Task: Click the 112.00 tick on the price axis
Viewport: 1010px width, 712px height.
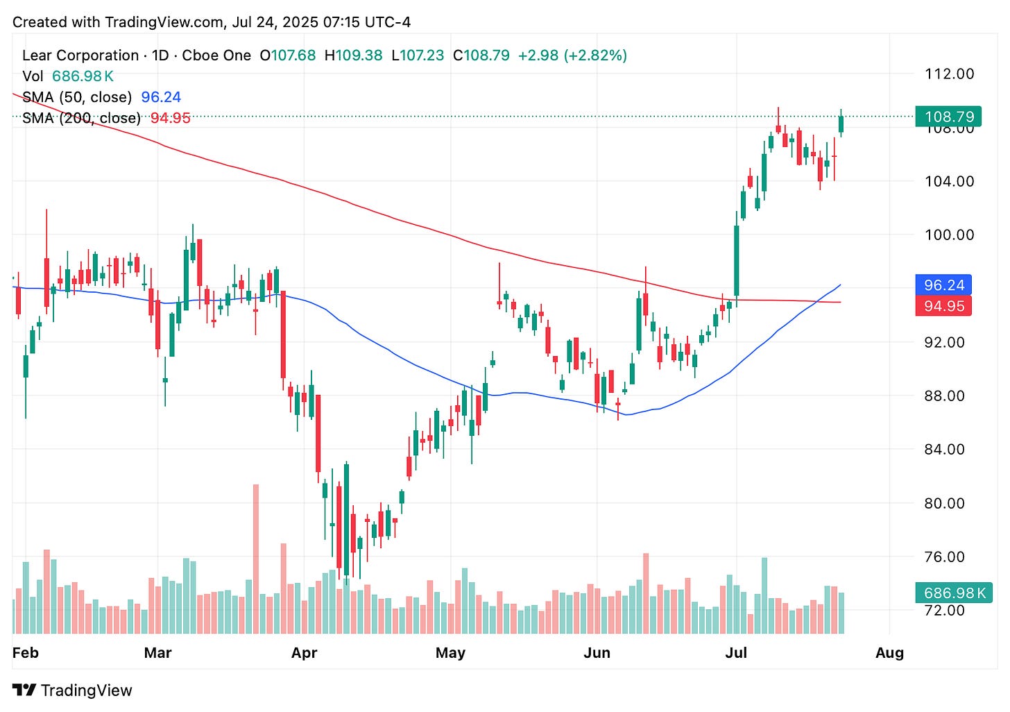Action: pos(949,74)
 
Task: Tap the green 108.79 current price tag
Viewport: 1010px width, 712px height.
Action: pos(949,117)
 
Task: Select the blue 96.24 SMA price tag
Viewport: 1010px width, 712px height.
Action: pos(943,285)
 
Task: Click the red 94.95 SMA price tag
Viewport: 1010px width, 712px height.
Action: pos(943,306)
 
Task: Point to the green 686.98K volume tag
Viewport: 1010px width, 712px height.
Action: pos(954,593)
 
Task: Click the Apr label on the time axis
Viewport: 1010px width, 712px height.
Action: pos(304,653)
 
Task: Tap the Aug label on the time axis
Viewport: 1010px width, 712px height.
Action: pos(889,653)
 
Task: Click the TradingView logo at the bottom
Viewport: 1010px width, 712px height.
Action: pos(72,690)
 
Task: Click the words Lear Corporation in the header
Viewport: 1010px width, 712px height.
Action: pos(80,56)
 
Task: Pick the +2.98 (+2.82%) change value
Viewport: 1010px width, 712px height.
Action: pos(572,56)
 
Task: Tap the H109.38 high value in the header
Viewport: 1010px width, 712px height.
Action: pos(353,56)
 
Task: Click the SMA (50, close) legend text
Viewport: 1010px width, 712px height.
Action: pos(77,97)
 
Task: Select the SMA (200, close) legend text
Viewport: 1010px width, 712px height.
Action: pos(81,118)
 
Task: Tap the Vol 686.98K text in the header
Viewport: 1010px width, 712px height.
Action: pos(68,76)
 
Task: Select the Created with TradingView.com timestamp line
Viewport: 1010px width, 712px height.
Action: pos(212,22)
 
